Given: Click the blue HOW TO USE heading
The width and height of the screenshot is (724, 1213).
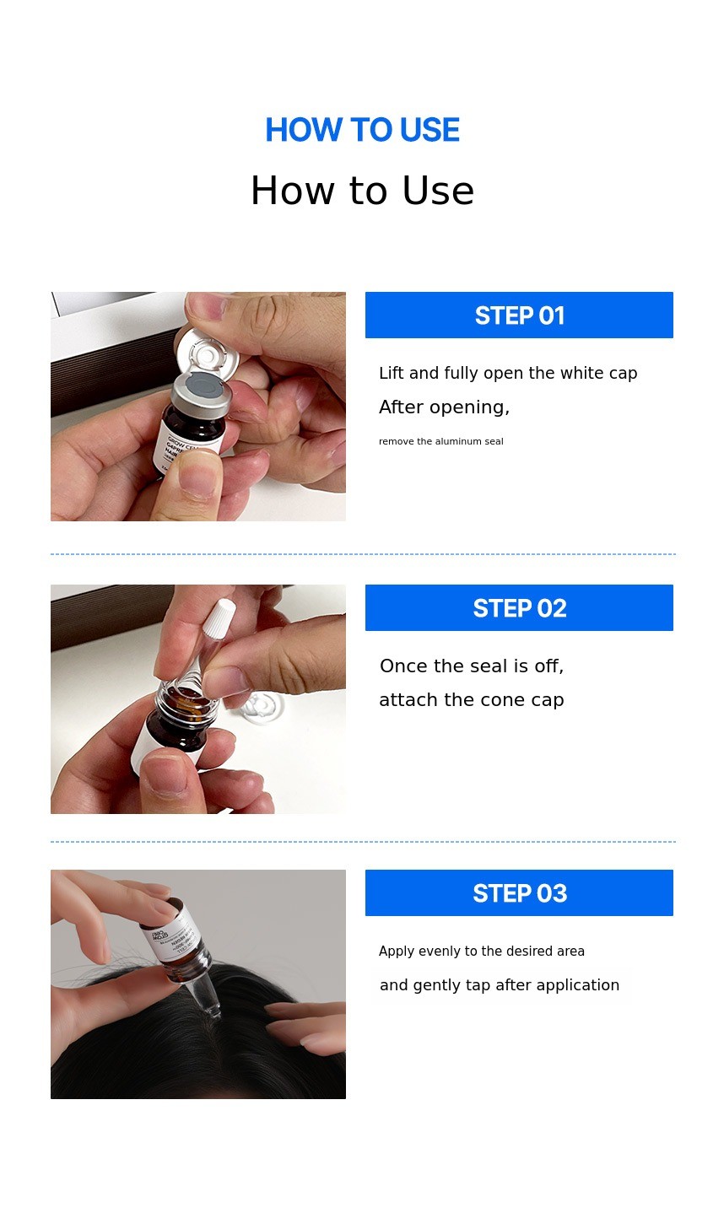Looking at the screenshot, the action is (x=362, y=130).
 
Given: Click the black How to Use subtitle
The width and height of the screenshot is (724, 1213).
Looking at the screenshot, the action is (x=362, y=191).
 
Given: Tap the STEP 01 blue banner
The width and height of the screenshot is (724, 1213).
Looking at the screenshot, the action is (x=519, y=315).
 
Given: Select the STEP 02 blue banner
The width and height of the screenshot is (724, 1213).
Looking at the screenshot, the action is (x=519, y=607).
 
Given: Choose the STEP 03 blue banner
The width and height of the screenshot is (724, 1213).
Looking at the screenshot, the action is (x=519, y=893).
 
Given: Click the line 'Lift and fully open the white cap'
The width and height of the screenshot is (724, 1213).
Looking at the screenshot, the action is (x=508, y=373).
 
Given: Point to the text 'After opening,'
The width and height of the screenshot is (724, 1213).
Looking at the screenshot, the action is (x=444, y=407).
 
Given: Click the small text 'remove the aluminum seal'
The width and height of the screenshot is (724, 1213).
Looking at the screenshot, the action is (x=440, y=441).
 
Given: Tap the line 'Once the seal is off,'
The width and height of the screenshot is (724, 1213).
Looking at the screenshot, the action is (x=472, y=666).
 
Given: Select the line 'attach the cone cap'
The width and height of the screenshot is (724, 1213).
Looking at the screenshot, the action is (x=471, y=699).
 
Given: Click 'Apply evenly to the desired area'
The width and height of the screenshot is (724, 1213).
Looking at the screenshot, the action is (x=482, y=951).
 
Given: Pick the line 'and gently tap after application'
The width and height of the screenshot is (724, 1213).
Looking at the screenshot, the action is (x=500, y=985).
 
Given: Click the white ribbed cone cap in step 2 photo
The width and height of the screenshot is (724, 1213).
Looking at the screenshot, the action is (x=220, y=617).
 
